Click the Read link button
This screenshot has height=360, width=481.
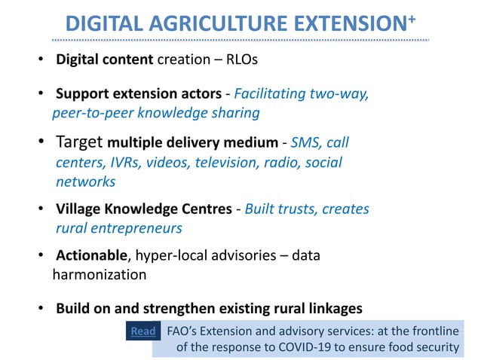click(143, 331)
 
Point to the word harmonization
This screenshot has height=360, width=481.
click(99, 275)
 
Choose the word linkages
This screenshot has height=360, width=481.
click(332, 308)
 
